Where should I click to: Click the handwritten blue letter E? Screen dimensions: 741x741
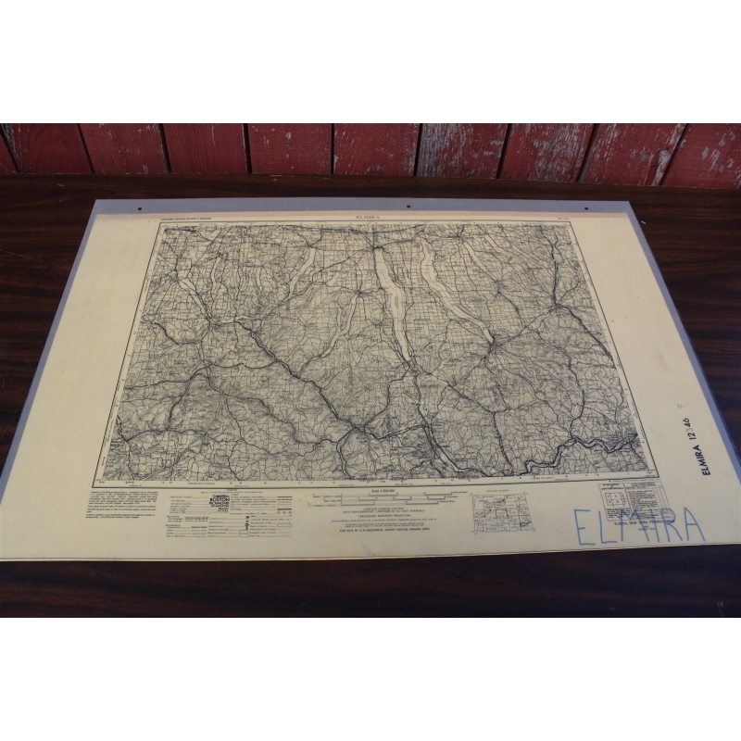(x=584, y=529)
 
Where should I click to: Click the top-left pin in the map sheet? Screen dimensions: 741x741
(x=140, y=208)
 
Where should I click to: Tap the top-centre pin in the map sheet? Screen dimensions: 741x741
(x=409, y=206)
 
